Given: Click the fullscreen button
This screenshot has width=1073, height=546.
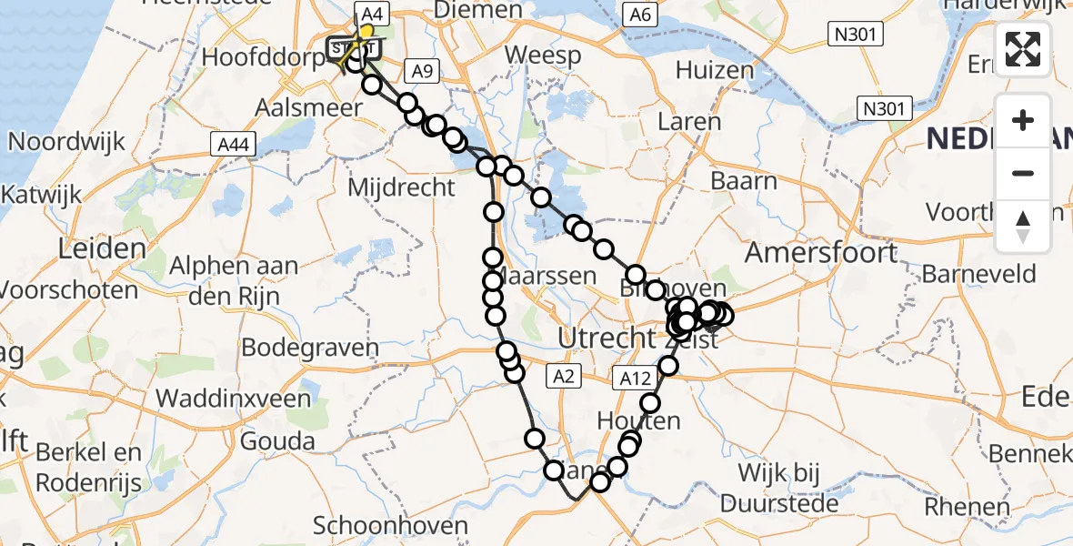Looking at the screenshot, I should tap(1023, 49).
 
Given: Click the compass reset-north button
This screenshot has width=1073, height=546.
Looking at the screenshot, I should tap(1023, 227).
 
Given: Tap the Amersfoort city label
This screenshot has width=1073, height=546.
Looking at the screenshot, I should tap(822, 252).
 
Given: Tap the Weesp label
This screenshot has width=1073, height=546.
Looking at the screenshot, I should tap(543, 56).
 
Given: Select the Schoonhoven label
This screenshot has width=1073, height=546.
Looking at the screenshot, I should tap(390, 526).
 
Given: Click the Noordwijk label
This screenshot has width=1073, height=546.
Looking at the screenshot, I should tap(66, 141).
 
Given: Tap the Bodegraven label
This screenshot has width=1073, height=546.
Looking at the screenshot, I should tap(310, 348).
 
